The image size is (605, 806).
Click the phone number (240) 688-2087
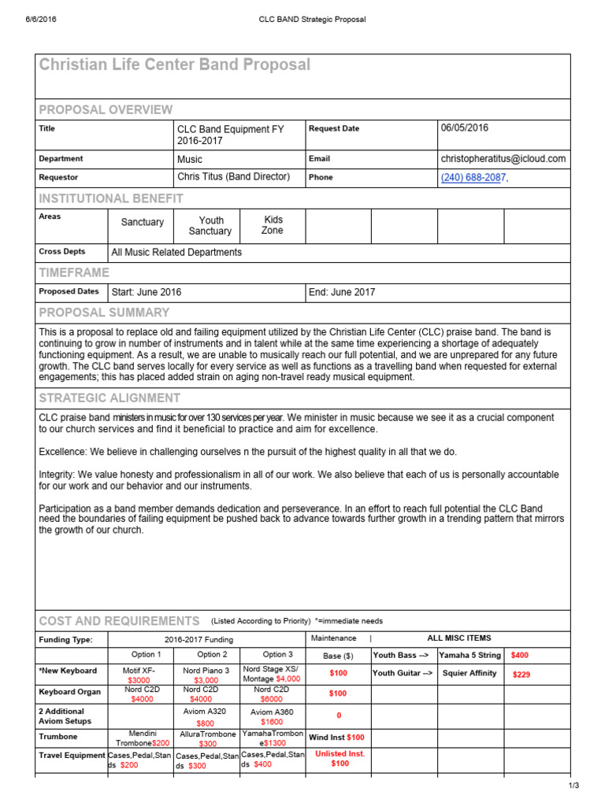[x=473, y=178]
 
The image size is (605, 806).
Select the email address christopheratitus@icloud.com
[x=503, y=158]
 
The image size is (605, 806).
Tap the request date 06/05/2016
[x=465, y=128]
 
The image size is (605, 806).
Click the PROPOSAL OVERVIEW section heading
[x=106, y=109]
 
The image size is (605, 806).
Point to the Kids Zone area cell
[x=273, y=225]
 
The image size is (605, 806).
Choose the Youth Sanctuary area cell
[x=210, y=226]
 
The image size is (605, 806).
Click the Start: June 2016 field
[x=147, y=292]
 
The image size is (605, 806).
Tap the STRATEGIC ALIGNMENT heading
[x=109, y=397]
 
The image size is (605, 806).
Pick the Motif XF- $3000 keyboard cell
[x=139, y=675]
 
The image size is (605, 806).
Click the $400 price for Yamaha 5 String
[x=520, y=655]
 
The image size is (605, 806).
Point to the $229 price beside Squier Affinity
[x=522, y=675]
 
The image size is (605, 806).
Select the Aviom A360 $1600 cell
[x=272, y=717]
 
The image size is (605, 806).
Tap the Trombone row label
[x=58, y=737]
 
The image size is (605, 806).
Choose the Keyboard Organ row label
[x=70, y=693]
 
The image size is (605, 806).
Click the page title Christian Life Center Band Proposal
[x=175, y=65]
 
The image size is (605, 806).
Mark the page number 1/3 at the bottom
[x=573, y=786]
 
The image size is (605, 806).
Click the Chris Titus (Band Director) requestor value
[x=234, y=177]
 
